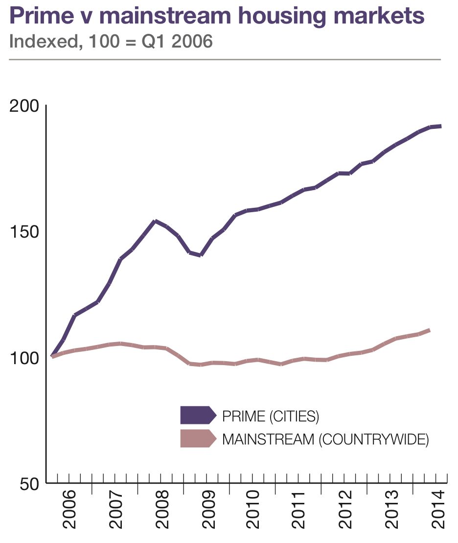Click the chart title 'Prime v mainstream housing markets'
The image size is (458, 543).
pos(217,16)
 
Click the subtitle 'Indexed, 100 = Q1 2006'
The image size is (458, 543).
pos(111,42)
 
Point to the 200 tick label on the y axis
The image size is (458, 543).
pos(24,106)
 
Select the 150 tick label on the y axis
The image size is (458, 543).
pos(24,232)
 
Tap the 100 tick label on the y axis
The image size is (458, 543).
pos(24,358)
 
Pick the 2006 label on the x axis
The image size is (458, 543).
pos(69,514)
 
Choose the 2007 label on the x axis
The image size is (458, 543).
pos(115,514)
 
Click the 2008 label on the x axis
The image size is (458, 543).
pos(161,514)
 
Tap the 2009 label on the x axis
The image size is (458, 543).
pos(207,514)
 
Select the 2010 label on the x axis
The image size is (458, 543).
pos(253,514)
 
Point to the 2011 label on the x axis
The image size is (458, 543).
pos(299,514)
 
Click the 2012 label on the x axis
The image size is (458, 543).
pos(345,514)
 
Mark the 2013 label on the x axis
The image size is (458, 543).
pos(391,514)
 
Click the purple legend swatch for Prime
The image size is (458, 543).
pos(198,415)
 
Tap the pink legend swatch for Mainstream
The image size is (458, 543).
pos(198,439)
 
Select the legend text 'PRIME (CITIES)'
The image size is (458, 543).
pos(271,417)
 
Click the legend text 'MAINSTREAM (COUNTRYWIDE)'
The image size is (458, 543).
pos(325,439)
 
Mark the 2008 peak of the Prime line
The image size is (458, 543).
pos(155,221)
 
